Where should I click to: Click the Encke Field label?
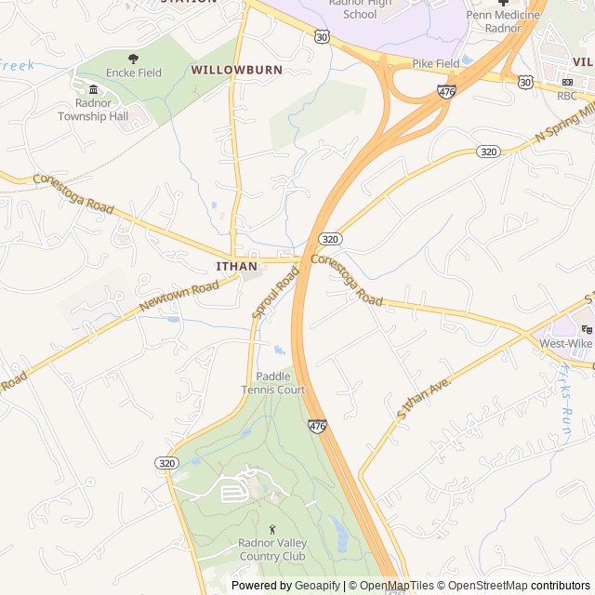click(133, 73)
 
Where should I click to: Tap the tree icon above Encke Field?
click(133, 59)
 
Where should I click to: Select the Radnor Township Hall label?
click(93, 110)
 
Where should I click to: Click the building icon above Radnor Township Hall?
click(93, 89)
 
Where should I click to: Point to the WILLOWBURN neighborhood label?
click(236, 70)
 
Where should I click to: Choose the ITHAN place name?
click(236, 266)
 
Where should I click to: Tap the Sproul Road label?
click(275, 293)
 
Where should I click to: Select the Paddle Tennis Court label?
click(273, 383)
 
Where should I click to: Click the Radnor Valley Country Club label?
click(271, 549)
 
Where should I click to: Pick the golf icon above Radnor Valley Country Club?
click(271, 528)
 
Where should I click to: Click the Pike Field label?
click(436, 63)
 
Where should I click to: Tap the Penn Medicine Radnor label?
click(502, 21)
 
